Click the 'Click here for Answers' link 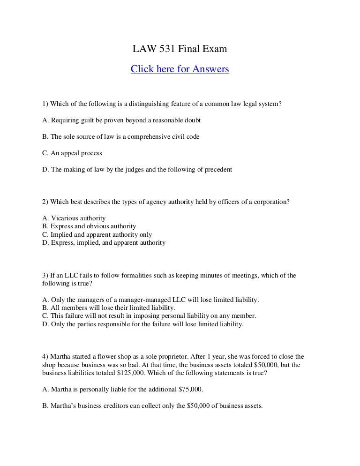click(x=180, y=69)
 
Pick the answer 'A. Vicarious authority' click(x=74, y=218)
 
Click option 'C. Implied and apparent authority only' click(x=97, y=234)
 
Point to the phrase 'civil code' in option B click(x=186, y=136)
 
